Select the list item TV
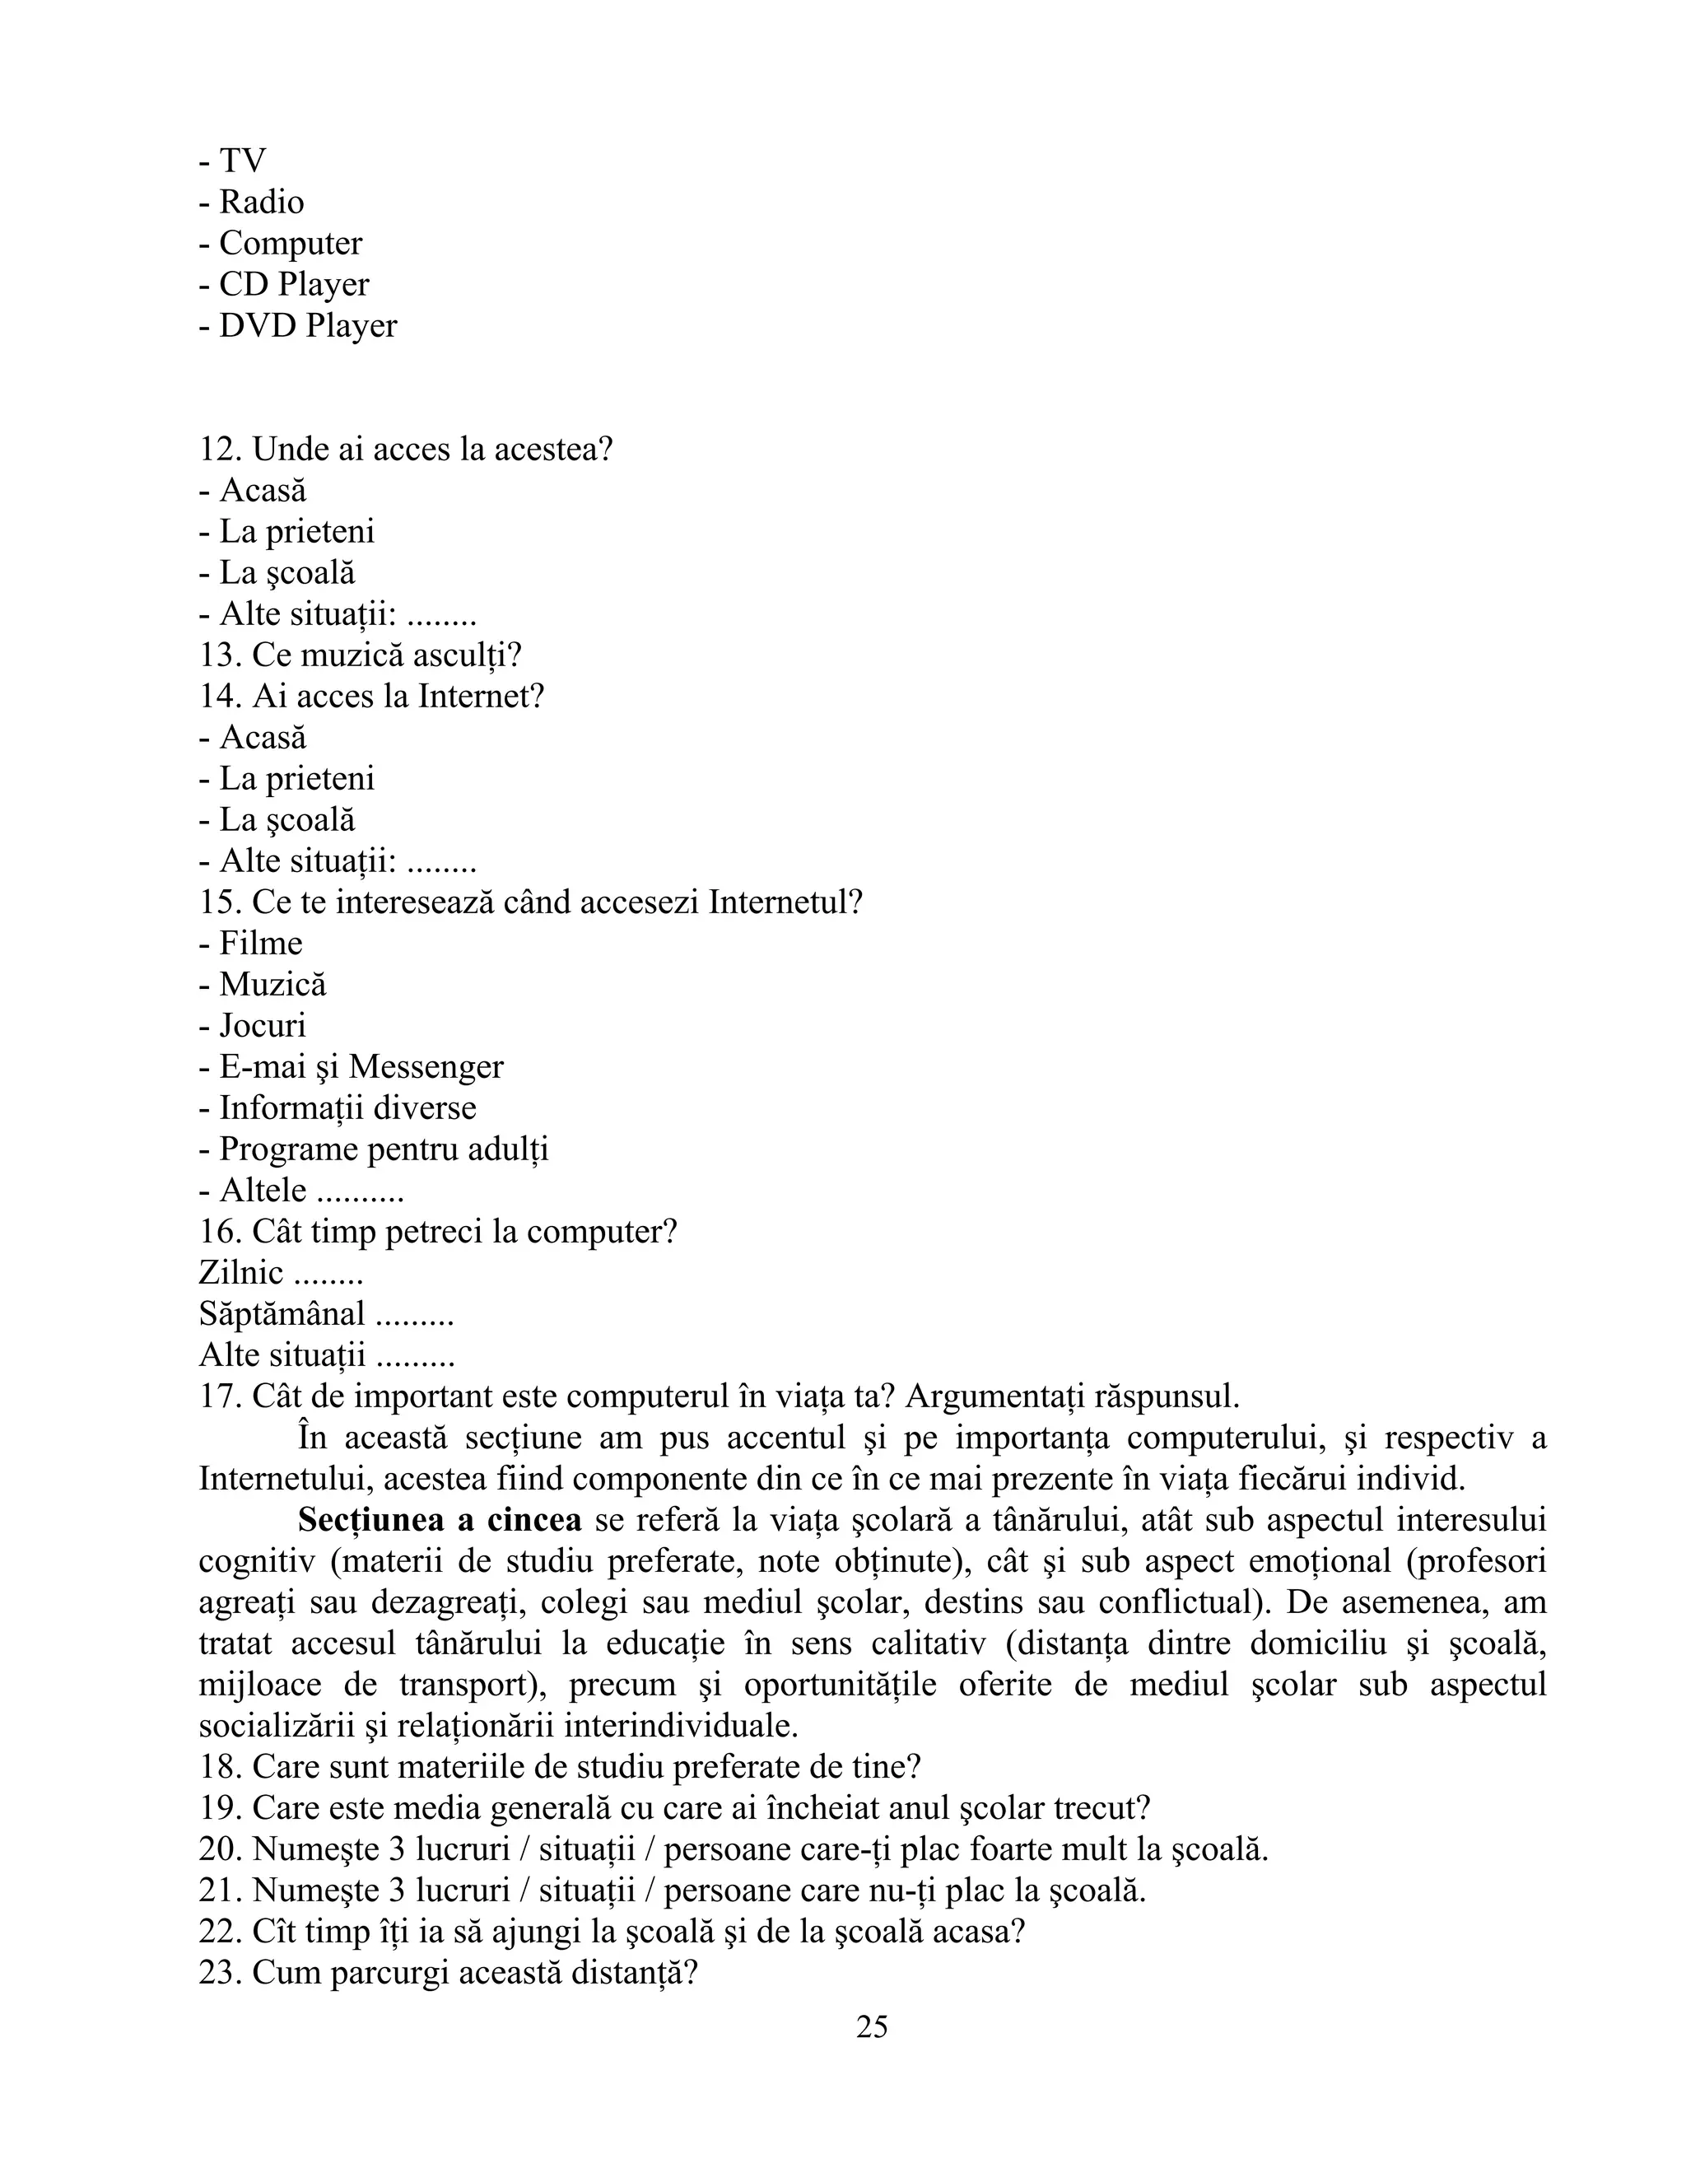(x=242, y=161)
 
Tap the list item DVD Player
(x=308, y=326)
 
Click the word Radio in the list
(x=262, y=202)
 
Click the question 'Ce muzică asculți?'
(x=387, y=655)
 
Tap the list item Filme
(x=261, y=943)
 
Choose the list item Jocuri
(x=263, y=1026)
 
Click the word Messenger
(x=426, y=1067)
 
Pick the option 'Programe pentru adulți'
(x=384, y=1149)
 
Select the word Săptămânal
(x=282, y=1314)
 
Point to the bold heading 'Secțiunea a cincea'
(x=440, y=1521)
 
